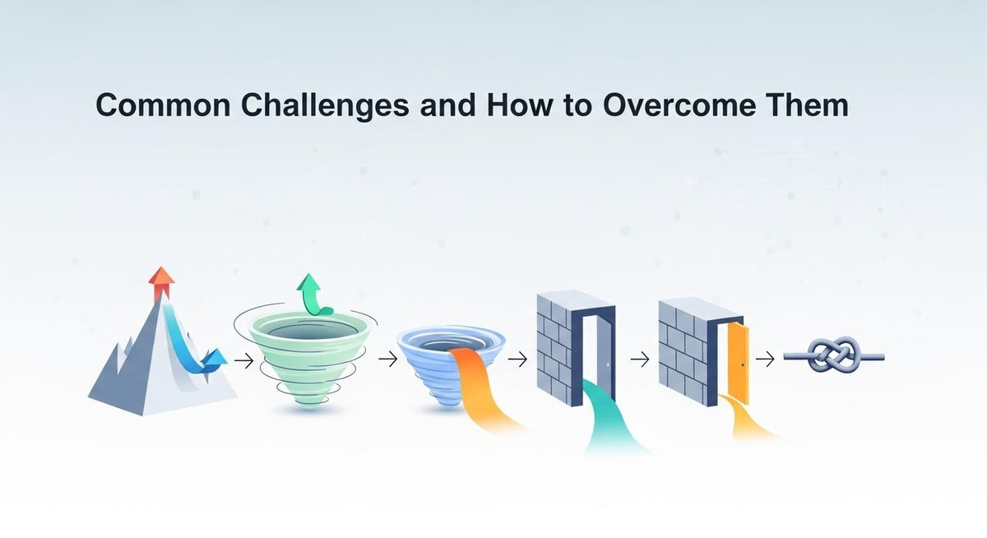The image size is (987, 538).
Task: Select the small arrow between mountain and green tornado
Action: [243, 359]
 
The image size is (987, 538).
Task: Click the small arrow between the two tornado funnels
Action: [387, 359]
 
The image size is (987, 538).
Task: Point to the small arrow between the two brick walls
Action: [640, 359]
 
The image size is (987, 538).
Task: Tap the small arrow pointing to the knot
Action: [765, 359]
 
